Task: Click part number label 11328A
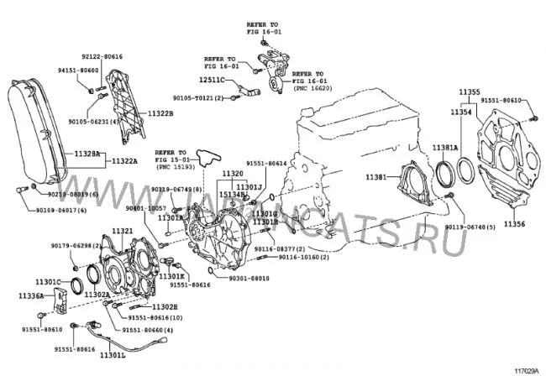coord(85,154)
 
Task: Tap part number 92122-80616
coord(102,56)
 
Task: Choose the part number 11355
coord(470,91)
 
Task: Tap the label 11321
coord(123,231)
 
